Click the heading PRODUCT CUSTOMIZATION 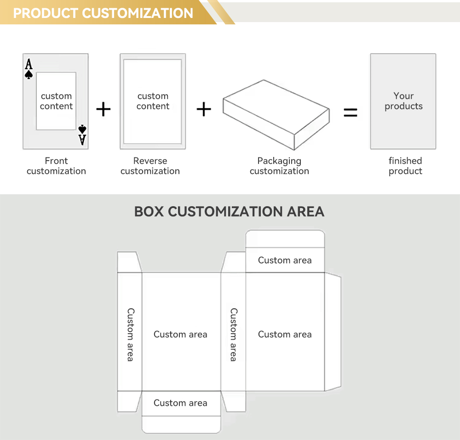click(103, 13)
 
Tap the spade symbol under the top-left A click(29, 75)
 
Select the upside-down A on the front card click(82, 140)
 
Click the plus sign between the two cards click(103, 109)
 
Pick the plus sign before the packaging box click(204, 109)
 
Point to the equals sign click(350, 112)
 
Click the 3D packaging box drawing click(276, 115)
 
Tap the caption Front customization click(56, 166)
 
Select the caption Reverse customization click(150, 166)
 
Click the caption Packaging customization click(279, 166)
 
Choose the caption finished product click(405, 166)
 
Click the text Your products click(404, 101)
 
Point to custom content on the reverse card click(153, 101)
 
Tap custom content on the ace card click(56, 101)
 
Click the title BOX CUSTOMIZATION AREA click(229, 211)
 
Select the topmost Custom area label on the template click(285, 260)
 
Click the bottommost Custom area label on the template click(180, 403)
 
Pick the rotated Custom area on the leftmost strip click(131, 335)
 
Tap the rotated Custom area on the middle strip click(234, 335)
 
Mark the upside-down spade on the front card click(82, 129)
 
